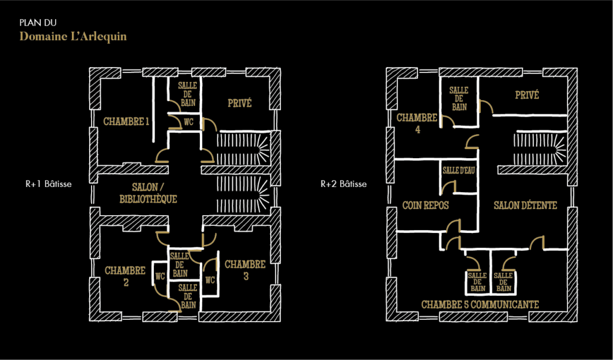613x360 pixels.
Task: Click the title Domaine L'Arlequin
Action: [x=73, y=37]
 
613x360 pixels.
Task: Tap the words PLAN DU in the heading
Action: [x=38, y=23]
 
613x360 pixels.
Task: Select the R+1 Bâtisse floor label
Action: [x=48, y=184]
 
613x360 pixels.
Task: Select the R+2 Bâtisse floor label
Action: [x=344, y=184]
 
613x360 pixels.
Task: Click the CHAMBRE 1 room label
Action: [x=126, y=122]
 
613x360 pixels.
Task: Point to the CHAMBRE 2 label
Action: [x=125, y=276]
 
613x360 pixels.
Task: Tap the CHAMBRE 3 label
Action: [x=245, y=270]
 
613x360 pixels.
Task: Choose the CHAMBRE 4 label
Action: [x=417, y=123]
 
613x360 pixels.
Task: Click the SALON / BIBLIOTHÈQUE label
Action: [x=148, y=193]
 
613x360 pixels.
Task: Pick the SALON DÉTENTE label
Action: [x=526, y=205]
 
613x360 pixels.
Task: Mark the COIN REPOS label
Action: [x=426, y=205]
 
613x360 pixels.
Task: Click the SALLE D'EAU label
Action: [x=459, y=171]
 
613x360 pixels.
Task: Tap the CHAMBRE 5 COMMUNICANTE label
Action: [x=480, y=304]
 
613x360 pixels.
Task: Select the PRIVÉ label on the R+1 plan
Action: [x=239, y=103]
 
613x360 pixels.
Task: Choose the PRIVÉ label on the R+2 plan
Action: [x=527, y=95]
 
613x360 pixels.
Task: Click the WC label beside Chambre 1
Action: [x=189, y=122]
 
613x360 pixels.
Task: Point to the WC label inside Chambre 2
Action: [x=160, y=276]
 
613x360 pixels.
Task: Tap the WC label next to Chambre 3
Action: [x=210, y=280]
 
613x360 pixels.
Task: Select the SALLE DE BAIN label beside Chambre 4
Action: [x=459, y=99]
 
